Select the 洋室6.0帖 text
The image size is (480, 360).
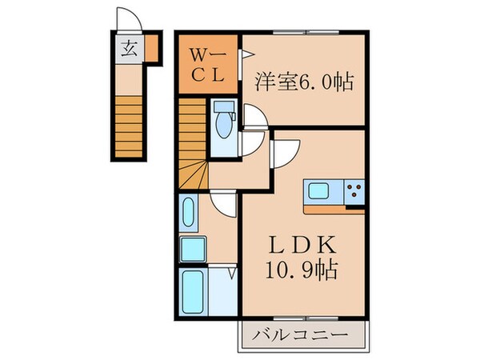tap(305, 81)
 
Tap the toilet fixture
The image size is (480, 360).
tap(225, 122)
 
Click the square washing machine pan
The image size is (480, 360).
tap(193, 250)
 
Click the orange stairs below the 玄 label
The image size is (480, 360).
tap(127, 124)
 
